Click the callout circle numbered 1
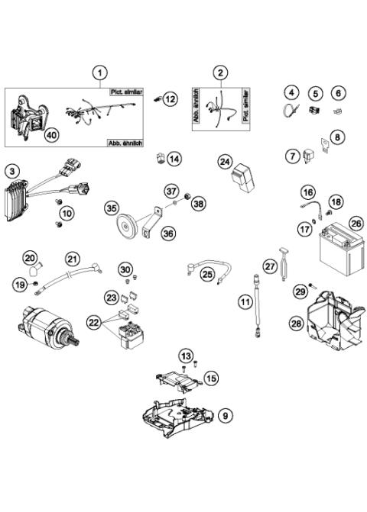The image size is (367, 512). (x=99, y=73)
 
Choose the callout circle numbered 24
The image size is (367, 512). (x=225, y=162)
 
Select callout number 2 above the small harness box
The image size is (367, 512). (x=220, y=73)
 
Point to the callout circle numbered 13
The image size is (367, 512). (x=186, y=356)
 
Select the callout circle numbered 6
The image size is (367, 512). (x=337, y=93)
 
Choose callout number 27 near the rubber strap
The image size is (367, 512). (x=269, y=266)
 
